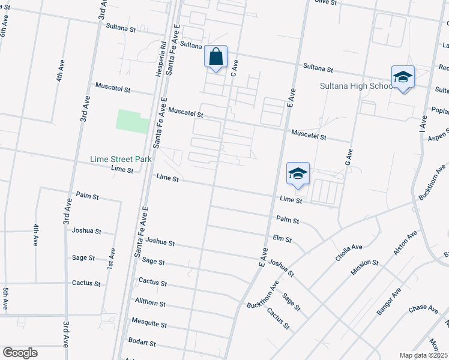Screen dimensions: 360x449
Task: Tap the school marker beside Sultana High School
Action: [x=403, y=77]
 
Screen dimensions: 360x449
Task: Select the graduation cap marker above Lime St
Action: [x=298, y=174]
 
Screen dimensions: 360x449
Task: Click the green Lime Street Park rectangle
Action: [x=132, y=121]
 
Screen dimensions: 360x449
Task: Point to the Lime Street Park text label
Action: [x=120, y=160]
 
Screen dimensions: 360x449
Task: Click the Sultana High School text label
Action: [x=356, y=86]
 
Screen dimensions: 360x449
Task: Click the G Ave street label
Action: [x=347, y=159]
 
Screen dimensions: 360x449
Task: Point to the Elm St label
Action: [x=282, y=239]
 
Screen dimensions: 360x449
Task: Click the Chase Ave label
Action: [x=424, y=309]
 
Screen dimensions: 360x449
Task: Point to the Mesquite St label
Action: [x=149, y=323]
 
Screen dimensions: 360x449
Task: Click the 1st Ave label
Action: [x=112, y=259]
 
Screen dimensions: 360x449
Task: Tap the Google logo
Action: [x=20, y=353]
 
